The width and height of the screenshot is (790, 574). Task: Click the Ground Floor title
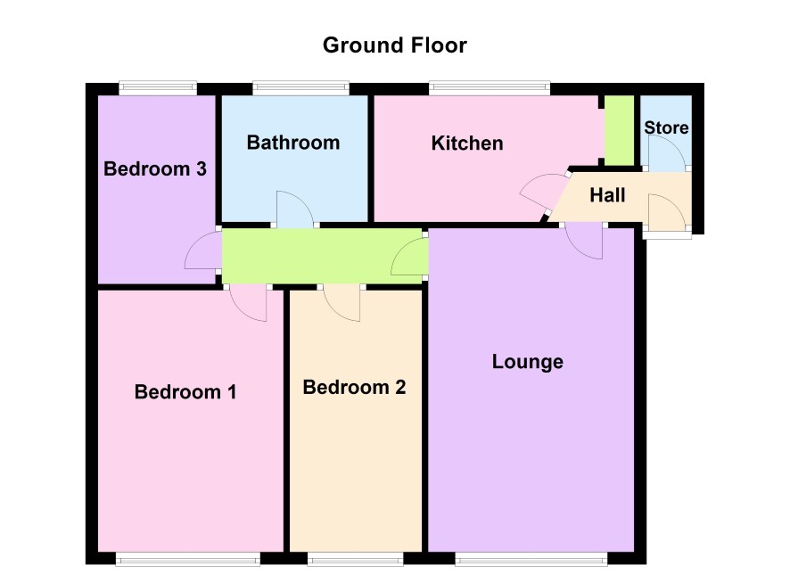coord(394,45)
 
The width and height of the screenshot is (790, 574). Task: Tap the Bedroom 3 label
coord(155,168)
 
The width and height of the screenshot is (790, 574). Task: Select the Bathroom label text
coord(293,143)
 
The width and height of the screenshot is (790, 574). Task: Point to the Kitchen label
coord(467,143)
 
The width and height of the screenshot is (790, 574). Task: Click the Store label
coord(666,127)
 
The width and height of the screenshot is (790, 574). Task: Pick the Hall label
coord(607,195)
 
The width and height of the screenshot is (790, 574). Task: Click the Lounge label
coord(528,362)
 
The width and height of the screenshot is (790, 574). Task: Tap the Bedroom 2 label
coord(354,387)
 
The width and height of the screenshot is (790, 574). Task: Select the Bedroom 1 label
coord(185,392)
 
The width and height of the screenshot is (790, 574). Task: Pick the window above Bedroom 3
coord(158,88)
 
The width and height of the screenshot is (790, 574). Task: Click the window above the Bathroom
coord(300,88)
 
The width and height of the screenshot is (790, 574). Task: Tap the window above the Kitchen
coord(490,88)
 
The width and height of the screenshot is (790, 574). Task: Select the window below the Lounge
coord(531,558)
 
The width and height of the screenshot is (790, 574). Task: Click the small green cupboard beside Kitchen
coord(619,130)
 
